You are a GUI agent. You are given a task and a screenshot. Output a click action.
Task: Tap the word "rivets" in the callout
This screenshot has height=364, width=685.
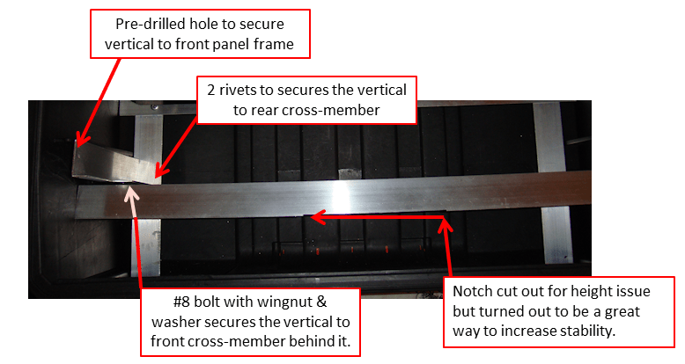click(x=238, y=90)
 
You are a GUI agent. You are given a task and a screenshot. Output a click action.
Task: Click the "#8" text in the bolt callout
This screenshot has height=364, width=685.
click(x=181, y=302)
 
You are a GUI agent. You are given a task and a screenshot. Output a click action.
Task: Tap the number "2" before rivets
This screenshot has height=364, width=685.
click(x=211, y=90)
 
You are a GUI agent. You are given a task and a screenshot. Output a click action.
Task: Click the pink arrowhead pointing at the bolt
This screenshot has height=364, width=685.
click(x=131, y=195)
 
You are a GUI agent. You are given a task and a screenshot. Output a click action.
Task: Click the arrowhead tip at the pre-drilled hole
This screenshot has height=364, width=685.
click(x=76, y=141)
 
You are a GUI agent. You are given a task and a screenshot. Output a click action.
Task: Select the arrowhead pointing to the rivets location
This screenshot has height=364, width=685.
click(x=159, y=173)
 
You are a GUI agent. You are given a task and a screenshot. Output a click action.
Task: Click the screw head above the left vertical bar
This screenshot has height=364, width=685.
click(x=154, y=106)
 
